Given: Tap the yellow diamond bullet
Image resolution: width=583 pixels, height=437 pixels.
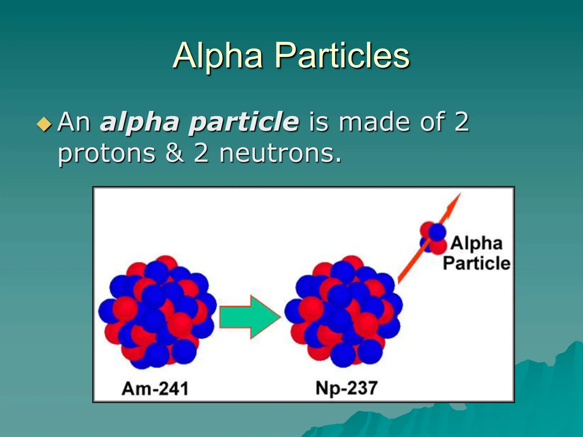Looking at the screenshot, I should coord(44,124).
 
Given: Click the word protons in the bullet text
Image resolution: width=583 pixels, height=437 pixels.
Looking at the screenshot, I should coord(107,154).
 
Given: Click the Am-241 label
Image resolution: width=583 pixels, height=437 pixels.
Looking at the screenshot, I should coord(155,389).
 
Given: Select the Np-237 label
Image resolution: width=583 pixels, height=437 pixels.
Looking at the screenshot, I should coord(346,388).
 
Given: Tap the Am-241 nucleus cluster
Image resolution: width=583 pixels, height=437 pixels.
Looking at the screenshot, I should coord(157,312).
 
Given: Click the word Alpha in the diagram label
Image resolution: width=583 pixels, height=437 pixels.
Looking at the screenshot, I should coord(476,244).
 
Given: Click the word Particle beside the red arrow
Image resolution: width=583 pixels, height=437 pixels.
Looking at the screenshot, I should coord(477,263).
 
